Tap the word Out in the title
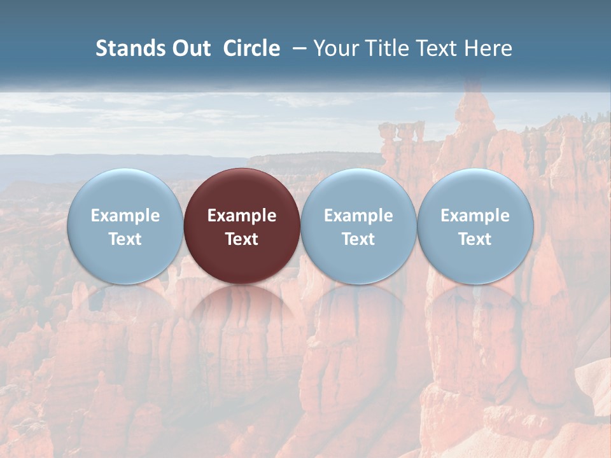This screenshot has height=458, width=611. pos(189,48)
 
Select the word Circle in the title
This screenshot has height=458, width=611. pos(251,48)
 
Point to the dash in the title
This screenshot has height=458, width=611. pos(300,48)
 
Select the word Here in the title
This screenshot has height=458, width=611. pos(488,48)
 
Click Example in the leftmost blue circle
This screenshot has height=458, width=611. pos(125,216)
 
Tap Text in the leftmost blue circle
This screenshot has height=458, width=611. pos(125,239)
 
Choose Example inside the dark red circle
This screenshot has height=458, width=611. pos(242,216)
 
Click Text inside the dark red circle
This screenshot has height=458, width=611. pos(242,239)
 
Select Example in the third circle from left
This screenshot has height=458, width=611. pos(358,216)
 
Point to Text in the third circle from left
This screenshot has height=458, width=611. pos(358,239)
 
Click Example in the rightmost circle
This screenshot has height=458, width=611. pos(475,216)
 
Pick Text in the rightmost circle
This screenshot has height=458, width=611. pos(475,239)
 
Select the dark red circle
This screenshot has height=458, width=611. pos(242,191)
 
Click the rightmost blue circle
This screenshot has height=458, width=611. pos(475,191)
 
